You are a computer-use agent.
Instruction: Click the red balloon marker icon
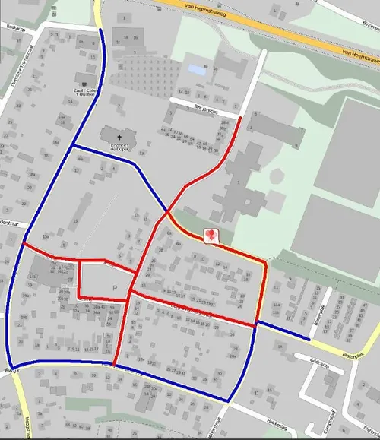211,236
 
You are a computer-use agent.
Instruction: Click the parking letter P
115,288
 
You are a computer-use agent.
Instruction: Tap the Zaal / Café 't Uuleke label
83,93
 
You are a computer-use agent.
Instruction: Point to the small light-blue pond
195,70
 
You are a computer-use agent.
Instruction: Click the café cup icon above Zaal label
83,82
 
